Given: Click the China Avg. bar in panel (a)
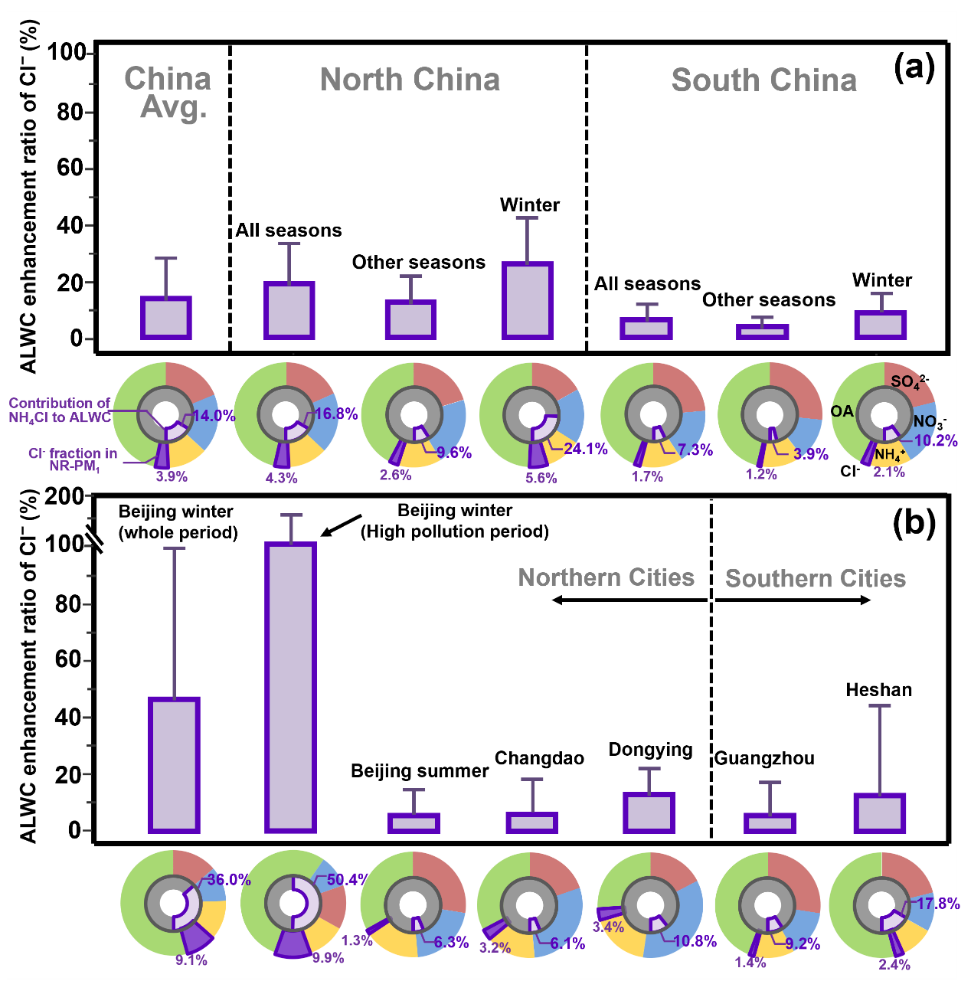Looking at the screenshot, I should (x=166, y=318).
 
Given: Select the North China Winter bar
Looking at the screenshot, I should (x=527, y=300).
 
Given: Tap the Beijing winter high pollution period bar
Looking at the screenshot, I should (x=291, y=687).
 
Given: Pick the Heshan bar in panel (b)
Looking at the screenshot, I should (x=880, y=813).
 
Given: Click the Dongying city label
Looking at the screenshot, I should (x=650, y=750).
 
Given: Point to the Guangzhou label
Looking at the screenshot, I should (x=765, y=758).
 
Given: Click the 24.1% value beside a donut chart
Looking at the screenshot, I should (x=586, y=449).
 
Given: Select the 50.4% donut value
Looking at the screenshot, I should (x=347, y=880).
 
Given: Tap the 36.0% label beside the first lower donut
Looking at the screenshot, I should (x=229, y=880).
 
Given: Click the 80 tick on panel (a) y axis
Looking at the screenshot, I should (x=70, y=112).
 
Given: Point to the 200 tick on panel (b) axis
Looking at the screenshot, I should (x=64, y=496).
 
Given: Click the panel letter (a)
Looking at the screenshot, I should (x=914, y=68).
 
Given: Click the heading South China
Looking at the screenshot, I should (x=763, y=80).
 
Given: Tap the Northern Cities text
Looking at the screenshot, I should (x=606, y=577).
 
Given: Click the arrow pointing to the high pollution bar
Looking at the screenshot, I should (x=341, y=525).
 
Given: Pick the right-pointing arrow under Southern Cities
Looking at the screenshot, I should (x=793, y=600).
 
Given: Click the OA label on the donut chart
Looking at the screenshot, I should (x=842, y=411).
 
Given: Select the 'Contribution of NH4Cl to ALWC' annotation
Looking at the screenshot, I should (x=60, y=410).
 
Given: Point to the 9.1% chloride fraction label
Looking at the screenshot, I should (x=191, y=960).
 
